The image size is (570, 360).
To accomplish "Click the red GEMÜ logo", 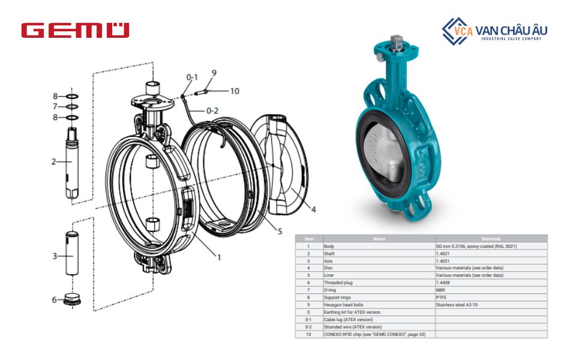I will (75, 31).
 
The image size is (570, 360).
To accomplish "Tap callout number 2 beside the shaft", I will (53, 161).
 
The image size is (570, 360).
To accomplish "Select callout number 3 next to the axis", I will (54, 256).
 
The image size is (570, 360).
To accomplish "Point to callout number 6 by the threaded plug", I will (54, 299).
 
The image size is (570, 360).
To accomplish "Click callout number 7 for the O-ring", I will (55, 107).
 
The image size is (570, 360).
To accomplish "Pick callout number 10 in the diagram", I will (234, 91).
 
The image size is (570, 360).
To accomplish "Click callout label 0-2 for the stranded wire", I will (212, 110).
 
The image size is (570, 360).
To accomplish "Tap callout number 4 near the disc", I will (313, 209).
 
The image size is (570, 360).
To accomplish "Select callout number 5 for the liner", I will (280, 232).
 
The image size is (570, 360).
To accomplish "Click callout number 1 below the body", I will (219, 257).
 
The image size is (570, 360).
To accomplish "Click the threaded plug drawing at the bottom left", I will (73, 299).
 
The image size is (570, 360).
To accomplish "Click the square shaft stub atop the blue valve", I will (396, 43).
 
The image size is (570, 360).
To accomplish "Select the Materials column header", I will (491, 239).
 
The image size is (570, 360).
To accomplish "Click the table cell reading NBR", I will (441, 290).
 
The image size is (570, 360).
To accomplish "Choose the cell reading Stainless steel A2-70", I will (457, 305).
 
